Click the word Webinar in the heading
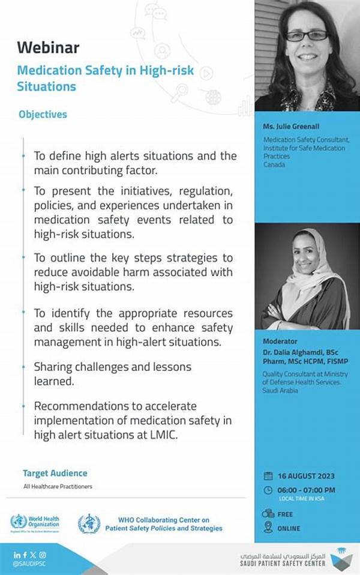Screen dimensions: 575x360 tap(48, 47)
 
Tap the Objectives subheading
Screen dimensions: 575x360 tap(43, 114)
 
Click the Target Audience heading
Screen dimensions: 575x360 tap(55, 474)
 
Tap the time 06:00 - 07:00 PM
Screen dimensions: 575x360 tap(307, 490)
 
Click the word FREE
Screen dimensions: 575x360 tap(286, 514)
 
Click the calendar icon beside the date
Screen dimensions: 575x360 tap(268, 476)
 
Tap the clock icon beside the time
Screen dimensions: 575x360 tap(268, 490)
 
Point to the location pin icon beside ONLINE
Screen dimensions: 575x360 tap(268, 528)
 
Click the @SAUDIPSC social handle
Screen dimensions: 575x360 tap(30, 564)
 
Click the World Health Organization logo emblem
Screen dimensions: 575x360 tap(19, 522)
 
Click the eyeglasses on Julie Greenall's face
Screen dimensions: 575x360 tap(306, 35)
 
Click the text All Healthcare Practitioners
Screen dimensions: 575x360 tap(58, 486)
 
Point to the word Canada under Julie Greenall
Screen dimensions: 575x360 tap(273, 164)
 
